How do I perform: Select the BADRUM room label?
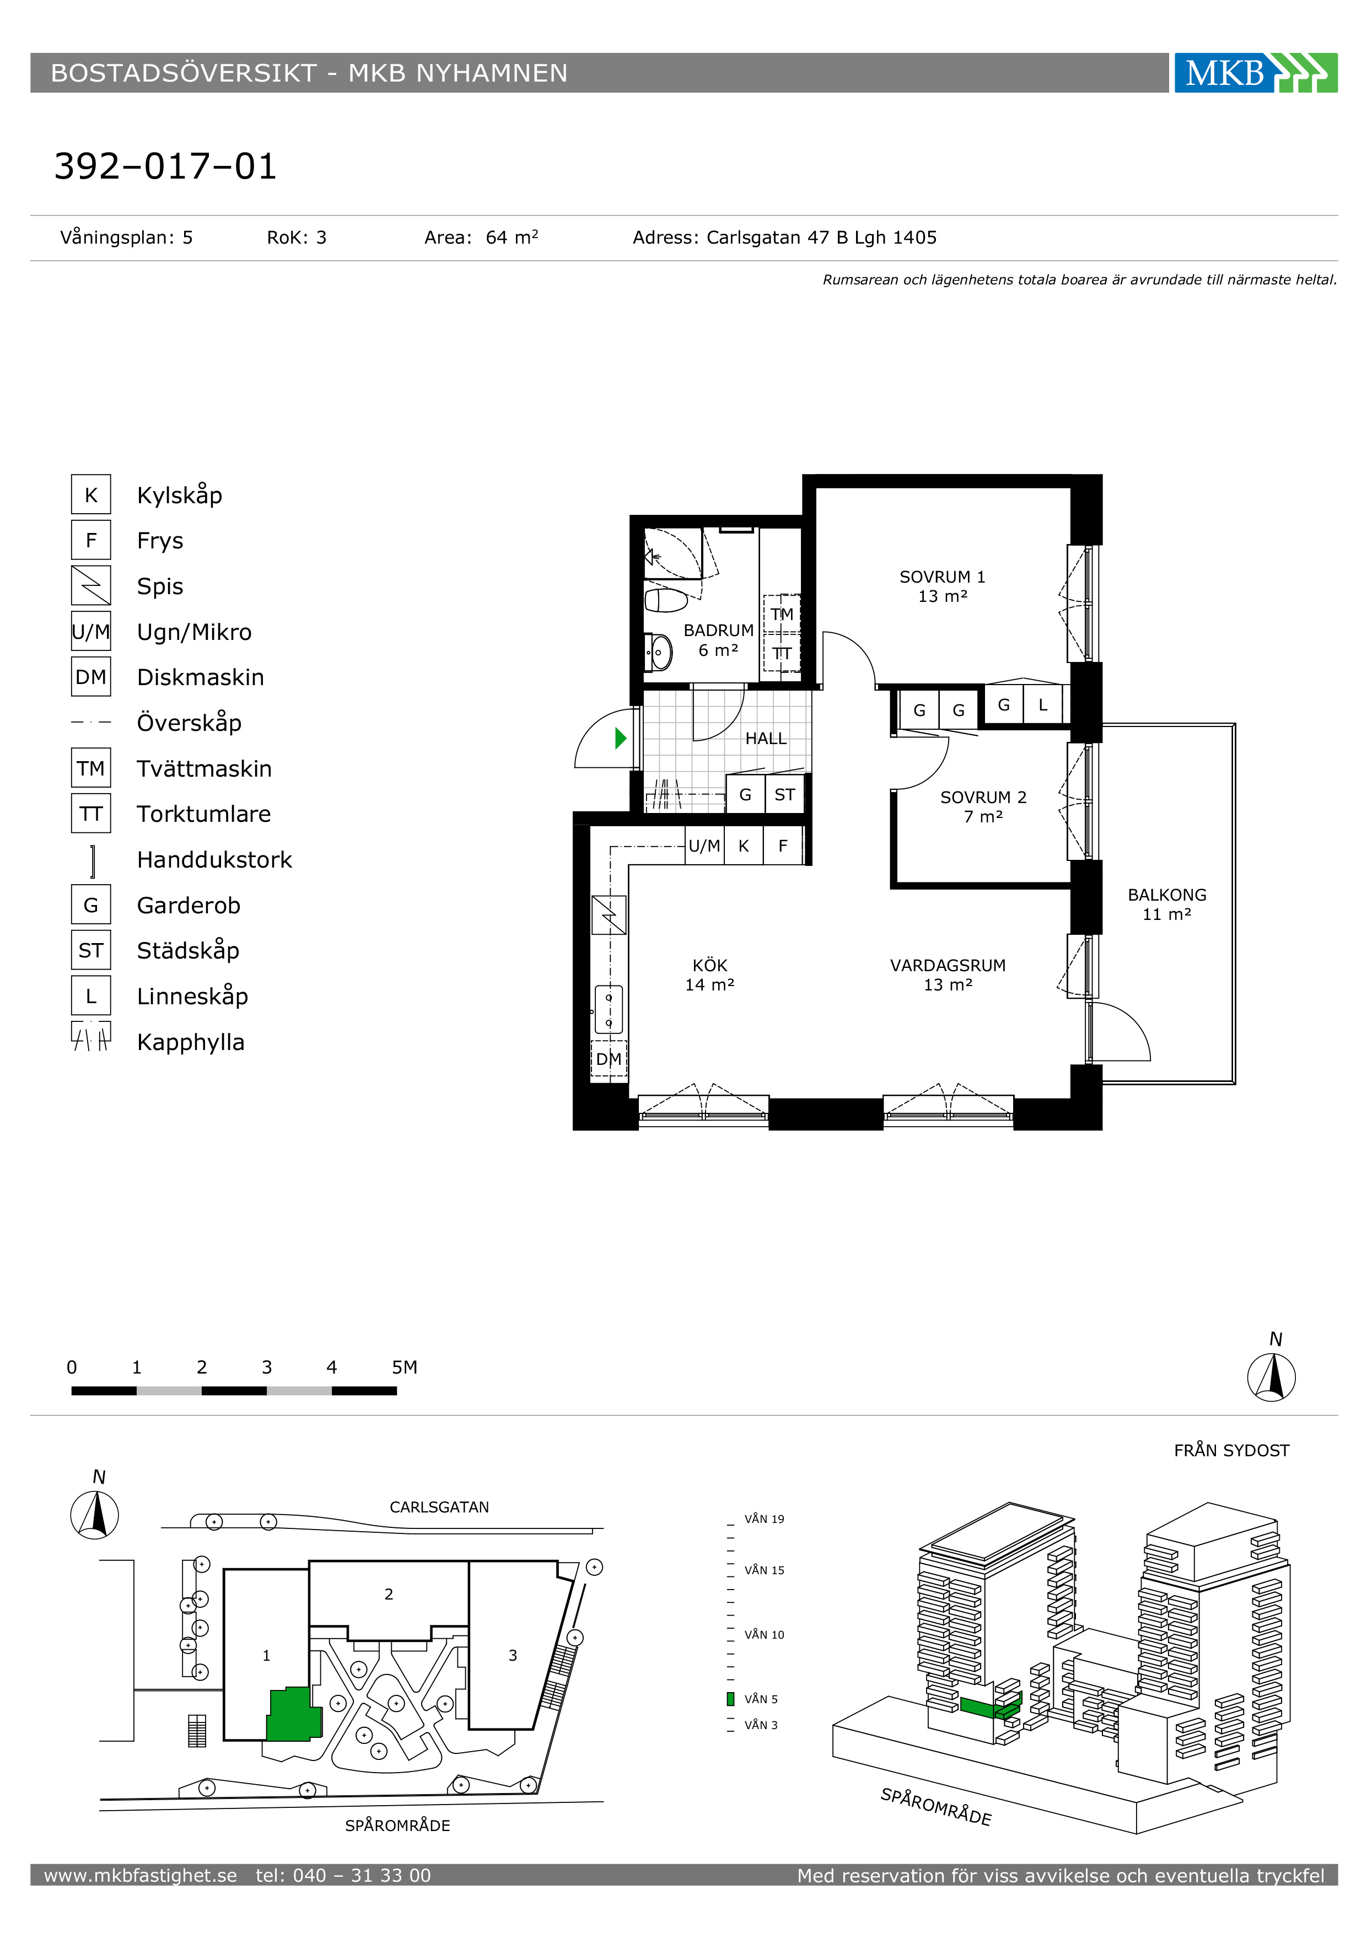point(718,630)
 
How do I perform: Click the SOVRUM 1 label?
point(942,577)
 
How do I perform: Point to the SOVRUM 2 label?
point(983,797)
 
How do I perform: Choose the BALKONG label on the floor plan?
point(1167,895)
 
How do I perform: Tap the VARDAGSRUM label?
point(948,966)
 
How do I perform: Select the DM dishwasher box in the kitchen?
point(609,1059)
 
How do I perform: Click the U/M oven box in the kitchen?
point(704,846)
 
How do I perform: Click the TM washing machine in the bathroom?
point(782,614)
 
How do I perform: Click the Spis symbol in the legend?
point(91,586)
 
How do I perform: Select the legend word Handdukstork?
point(214,860)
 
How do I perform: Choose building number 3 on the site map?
point(513,1655)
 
